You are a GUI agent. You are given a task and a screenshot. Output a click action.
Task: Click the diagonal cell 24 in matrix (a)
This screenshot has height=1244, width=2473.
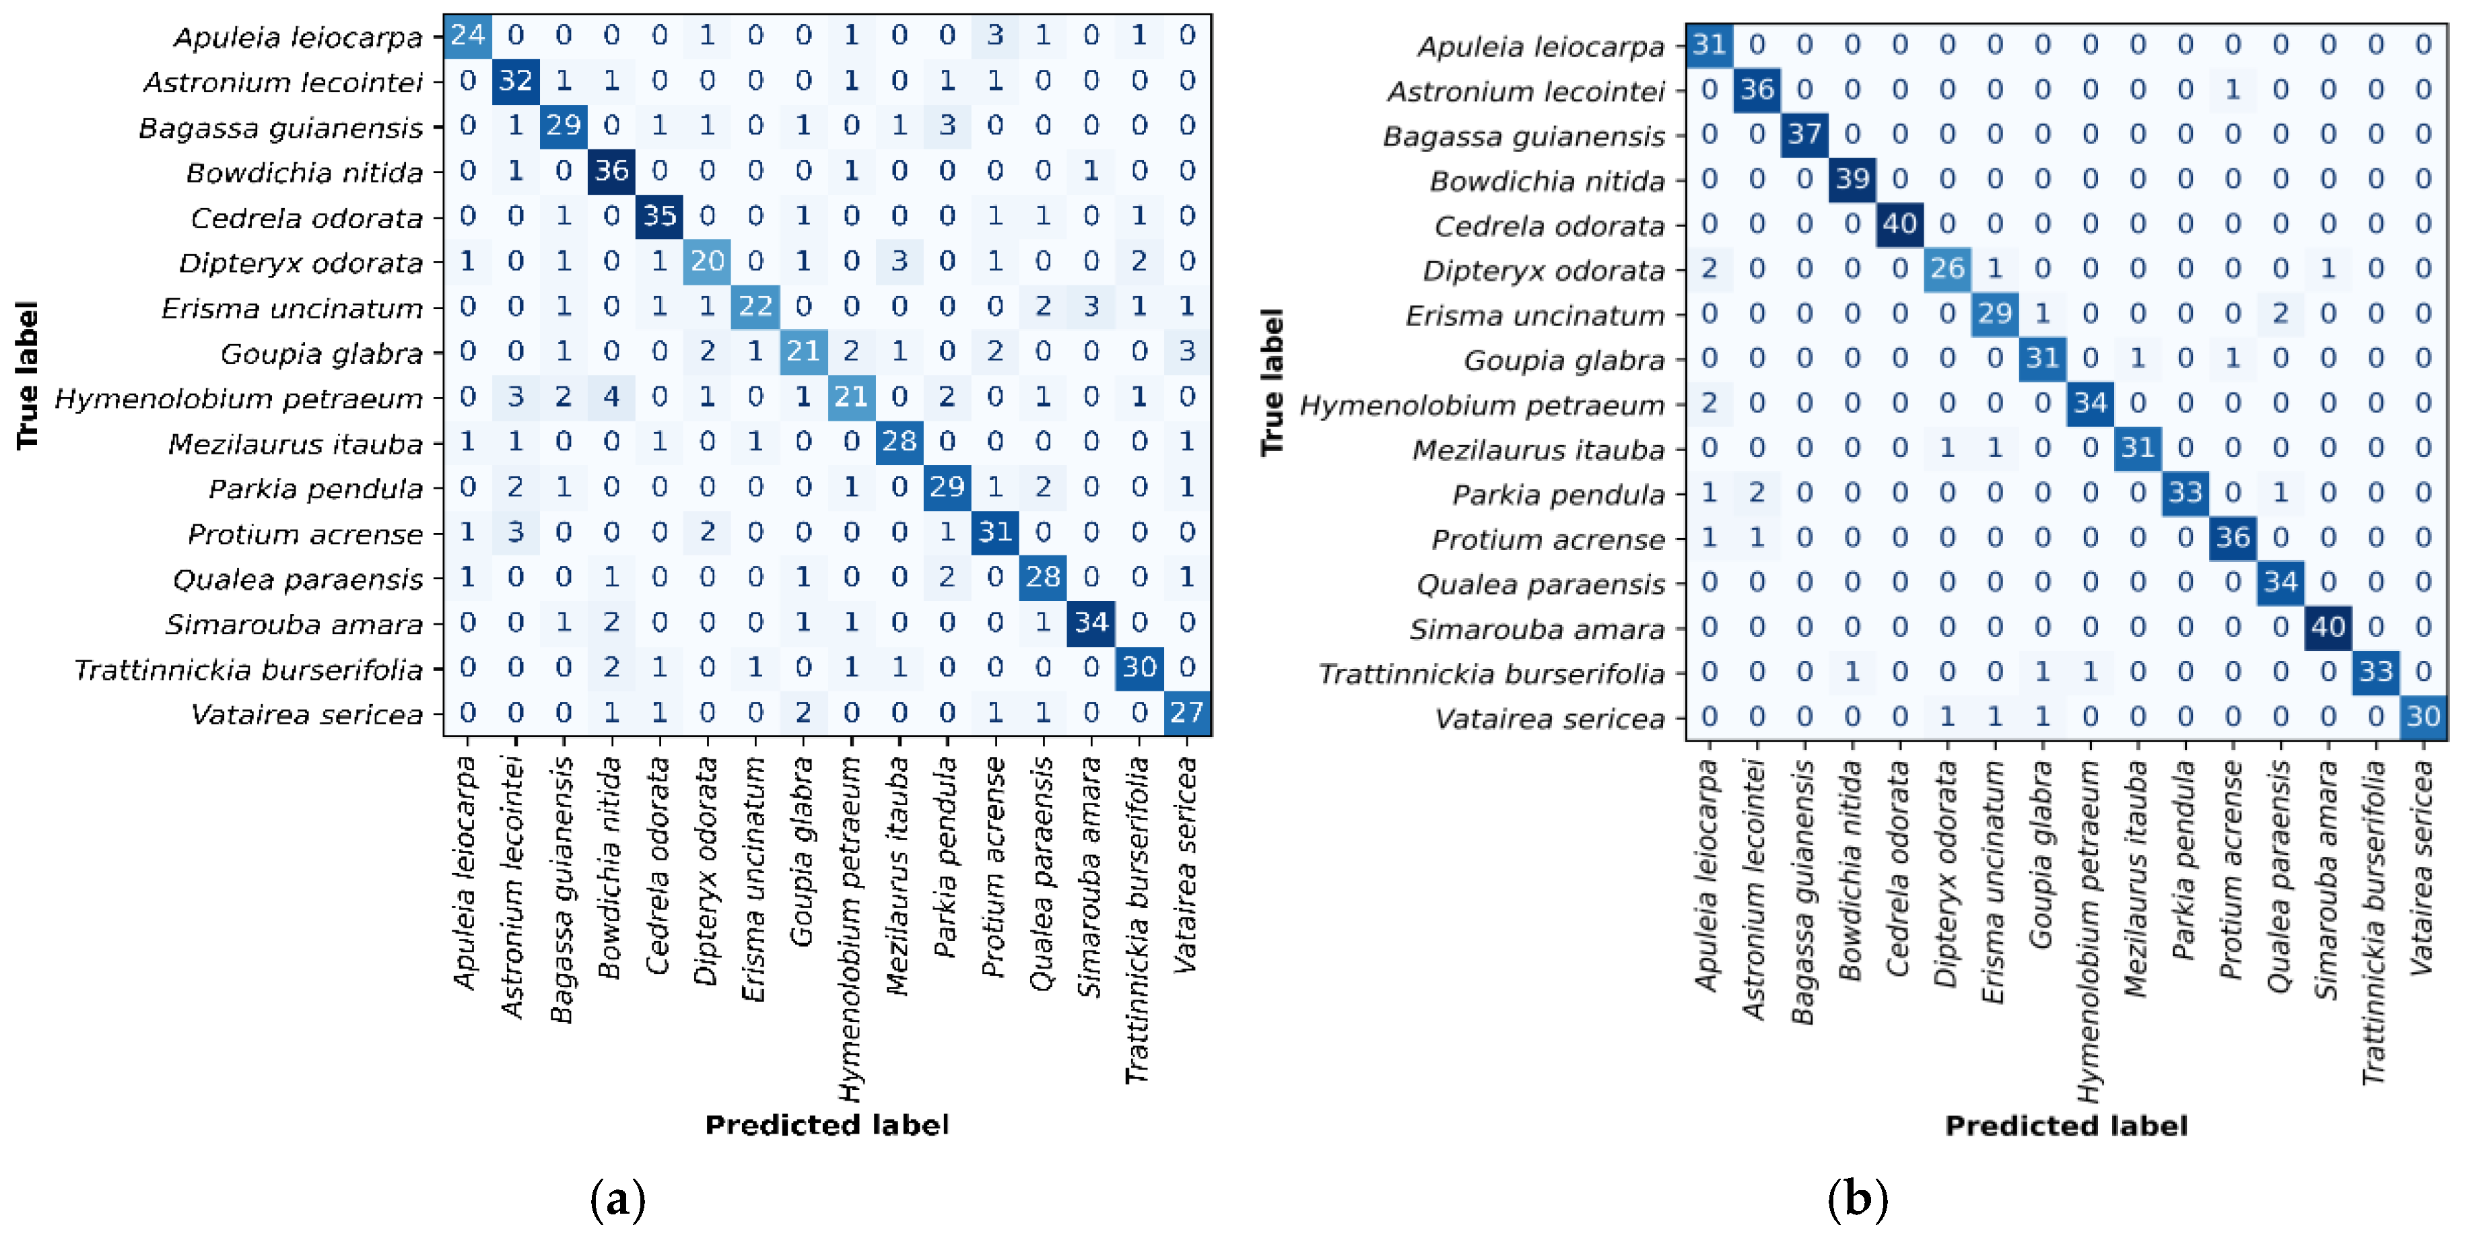pos(467,36)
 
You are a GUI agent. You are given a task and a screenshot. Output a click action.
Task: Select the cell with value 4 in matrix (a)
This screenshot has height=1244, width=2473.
pos(611,396)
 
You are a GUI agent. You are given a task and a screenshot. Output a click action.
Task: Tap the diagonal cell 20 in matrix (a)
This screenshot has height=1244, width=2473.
pos(708,261)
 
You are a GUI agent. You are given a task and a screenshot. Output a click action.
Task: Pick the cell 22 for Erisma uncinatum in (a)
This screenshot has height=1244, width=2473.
pos(755,306)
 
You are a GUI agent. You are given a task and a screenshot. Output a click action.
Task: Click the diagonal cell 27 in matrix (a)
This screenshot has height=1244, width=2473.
pos(1188,712)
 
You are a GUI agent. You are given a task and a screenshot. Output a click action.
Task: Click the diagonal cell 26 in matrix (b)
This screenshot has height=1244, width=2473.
pos(1947,268)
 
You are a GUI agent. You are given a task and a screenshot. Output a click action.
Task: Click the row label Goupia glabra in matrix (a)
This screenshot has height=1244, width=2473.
pos(322,354)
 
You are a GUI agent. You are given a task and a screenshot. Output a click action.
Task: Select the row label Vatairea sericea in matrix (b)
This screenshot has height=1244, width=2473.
pos(1549,719)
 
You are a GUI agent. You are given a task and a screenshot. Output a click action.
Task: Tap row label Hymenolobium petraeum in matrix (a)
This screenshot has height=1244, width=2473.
pos(238,399)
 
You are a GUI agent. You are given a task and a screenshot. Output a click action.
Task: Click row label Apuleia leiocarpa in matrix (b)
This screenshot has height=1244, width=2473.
pos(1540,46)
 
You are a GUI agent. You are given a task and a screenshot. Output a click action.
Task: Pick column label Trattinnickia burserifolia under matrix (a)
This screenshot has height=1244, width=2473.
pos(1138,920)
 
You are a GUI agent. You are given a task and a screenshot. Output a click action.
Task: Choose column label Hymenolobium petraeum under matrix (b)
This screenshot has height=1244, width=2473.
pos(2089,931)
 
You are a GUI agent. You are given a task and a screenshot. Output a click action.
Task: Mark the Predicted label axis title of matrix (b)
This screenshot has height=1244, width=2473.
pos(2066,1126)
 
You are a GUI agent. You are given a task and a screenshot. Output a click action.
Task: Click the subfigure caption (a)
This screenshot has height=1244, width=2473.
pos(617,1199)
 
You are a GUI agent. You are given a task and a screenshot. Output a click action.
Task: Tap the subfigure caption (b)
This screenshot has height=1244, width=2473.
pos(1858,1199)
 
